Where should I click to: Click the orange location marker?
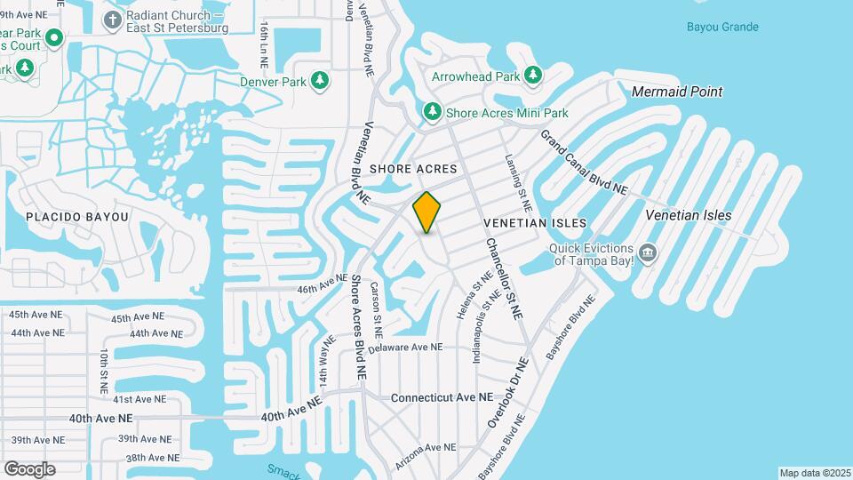pos(427,212)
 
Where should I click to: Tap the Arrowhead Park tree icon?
pos(533,76)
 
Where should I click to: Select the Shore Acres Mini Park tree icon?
pos(431,113)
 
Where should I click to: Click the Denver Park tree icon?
pos(320,82)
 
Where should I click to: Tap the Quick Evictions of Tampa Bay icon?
pos(649,254)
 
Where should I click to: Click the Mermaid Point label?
pos(676,92)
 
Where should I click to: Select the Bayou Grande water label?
pos(722,27)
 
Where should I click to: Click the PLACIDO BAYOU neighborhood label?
pos(77,217)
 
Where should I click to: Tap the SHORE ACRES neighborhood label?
pos(413,169)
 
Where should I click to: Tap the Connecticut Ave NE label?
pos(441,397)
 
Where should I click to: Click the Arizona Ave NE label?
pos(427,447)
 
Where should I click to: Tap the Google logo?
pos(29,468)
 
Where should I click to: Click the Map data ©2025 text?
pos(814,473)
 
